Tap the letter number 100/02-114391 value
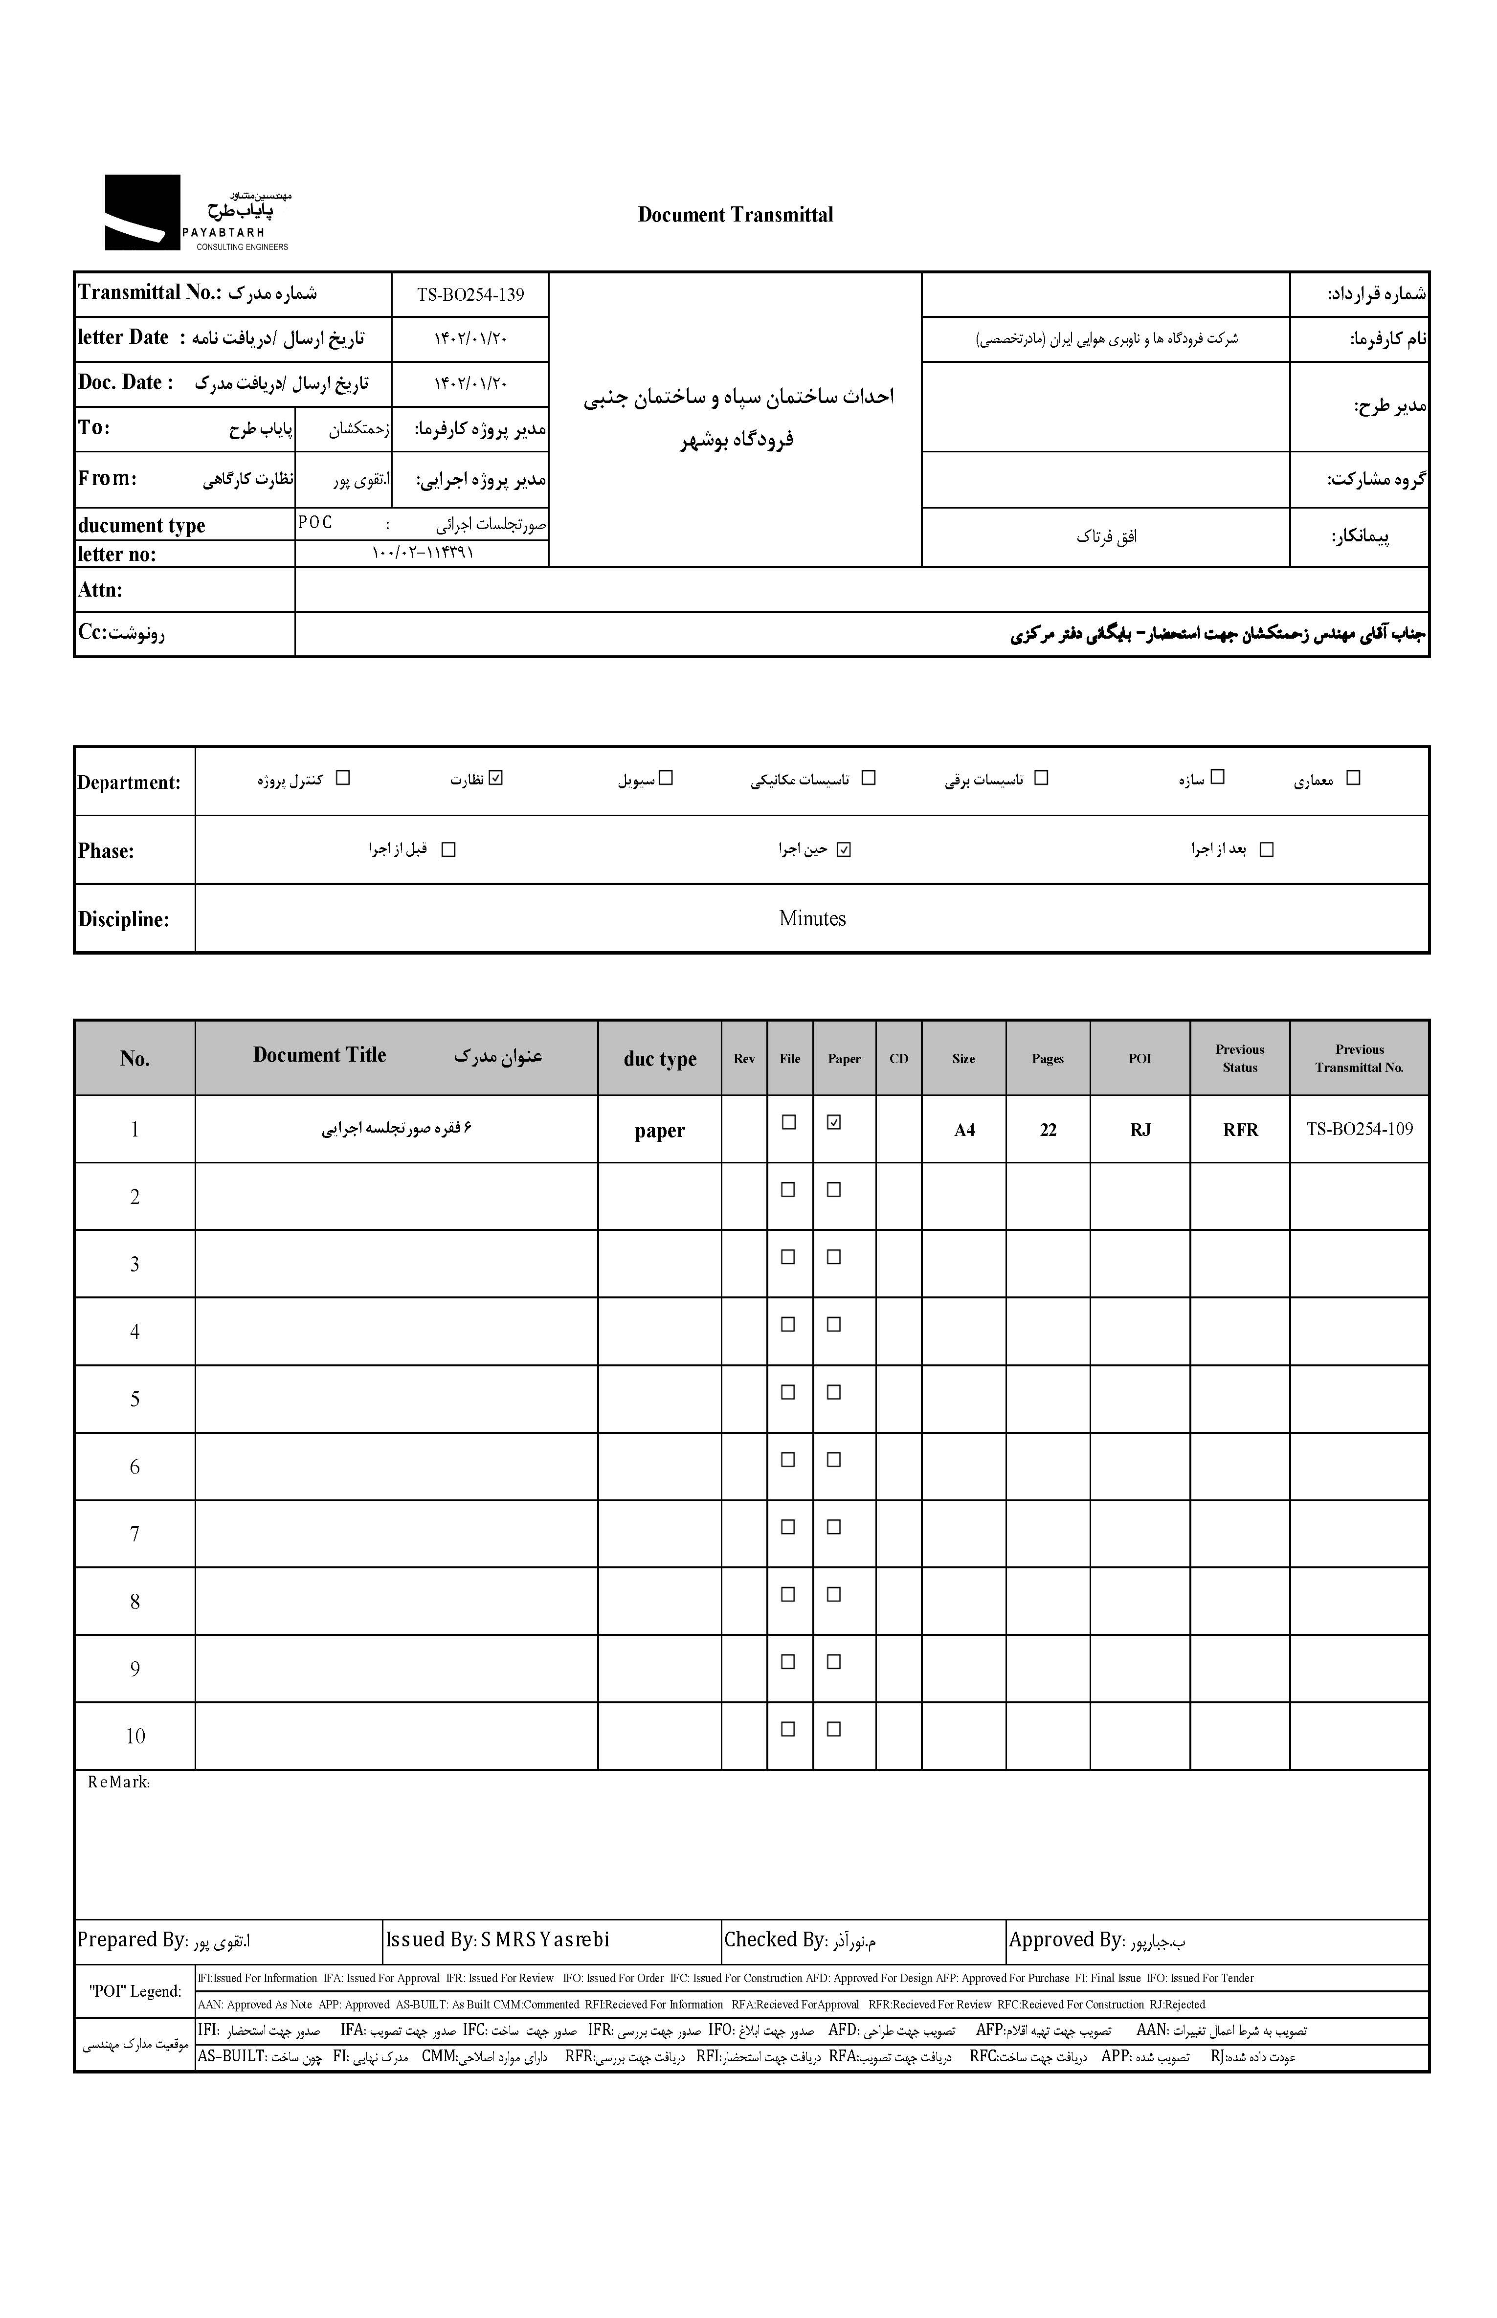click(x=422, y=553)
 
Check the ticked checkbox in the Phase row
click(x=843, y=849)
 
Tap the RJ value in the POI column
click(x=1140, y=1129)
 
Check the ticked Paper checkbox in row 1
click(x=833, y=1121)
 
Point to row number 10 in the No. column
click(x=135, y=1736)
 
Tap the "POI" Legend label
click(x=135, y=1990)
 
